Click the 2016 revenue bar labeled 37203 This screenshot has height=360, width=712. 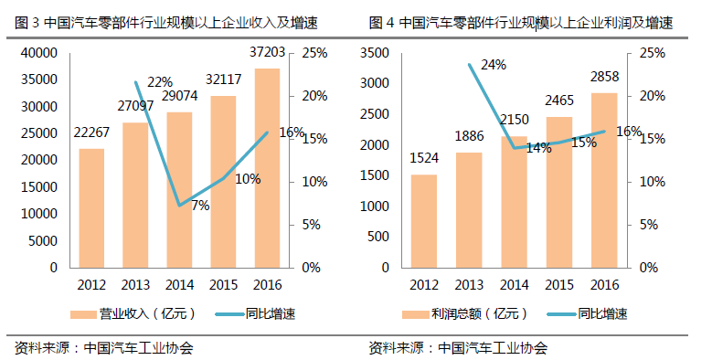pyautogui.click(x=267, y=168)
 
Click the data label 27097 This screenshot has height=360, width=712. pyautogui.click(x=135, y=107)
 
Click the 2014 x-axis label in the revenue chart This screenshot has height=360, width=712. pyautogui.click(x=179, y=284)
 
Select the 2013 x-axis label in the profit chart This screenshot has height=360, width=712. pyautogui.click(x=469, y=284)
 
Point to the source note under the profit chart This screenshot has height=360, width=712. pyautogui.click(x=458, y=348)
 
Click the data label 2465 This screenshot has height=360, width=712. pyautogui.click(x=558, y=101)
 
